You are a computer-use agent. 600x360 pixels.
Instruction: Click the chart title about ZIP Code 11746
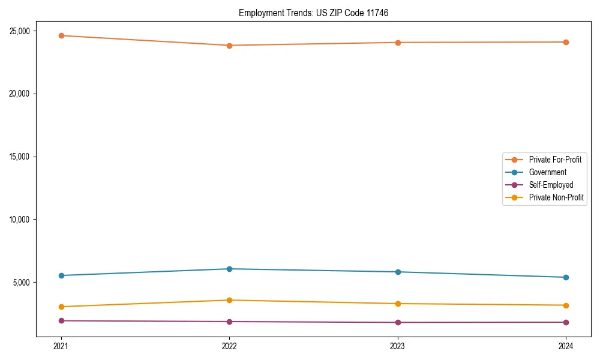click(313, 13)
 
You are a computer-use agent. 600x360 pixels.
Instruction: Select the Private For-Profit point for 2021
click(61, 35)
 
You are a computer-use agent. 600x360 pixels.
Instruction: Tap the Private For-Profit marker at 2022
click(229, 46)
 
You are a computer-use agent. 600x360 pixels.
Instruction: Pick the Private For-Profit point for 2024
click(566, 42)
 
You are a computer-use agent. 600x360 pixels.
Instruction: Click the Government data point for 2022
click(229, 269)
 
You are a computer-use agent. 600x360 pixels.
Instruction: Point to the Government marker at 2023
click(398, 272)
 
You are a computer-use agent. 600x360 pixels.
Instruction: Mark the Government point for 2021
click(61, 275)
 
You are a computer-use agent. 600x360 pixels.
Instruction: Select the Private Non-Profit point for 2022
click(229, 300)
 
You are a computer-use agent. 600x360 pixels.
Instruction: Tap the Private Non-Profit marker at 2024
click(566, 305)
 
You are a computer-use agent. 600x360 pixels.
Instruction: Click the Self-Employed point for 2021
click(61, 320)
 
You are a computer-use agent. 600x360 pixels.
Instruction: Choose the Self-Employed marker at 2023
click(398, 322)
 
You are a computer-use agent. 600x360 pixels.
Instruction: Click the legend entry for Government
click(547, 172)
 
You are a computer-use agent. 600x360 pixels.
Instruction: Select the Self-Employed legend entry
click(551, 185)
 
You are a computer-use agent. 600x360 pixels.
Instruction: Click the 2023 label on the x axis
click(398, 346)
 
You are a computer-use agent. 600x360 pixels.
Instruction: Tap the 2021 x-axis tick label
click(61, 346)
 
